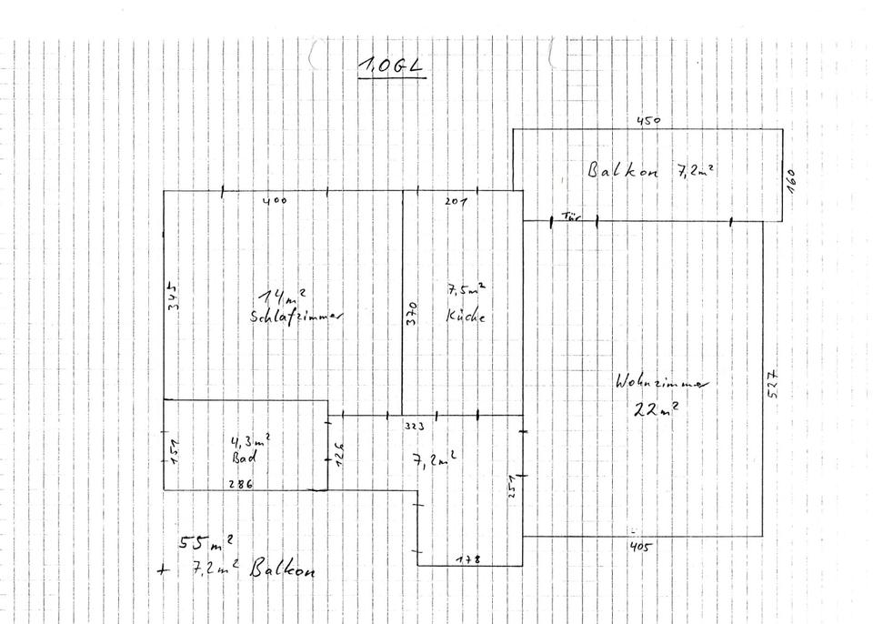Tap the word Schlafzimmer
click(298, 317)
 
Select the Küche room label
click(466, 317)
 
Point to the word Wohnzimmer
click(661, 383)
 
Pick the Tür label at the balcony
click(571, 216)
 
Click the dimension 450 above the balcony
click(647, 119)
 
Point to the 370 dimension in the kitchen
click(412, 315)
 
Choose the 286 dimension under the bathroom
click(240, 485)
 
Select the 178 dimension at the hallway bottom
click(468, 559)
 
